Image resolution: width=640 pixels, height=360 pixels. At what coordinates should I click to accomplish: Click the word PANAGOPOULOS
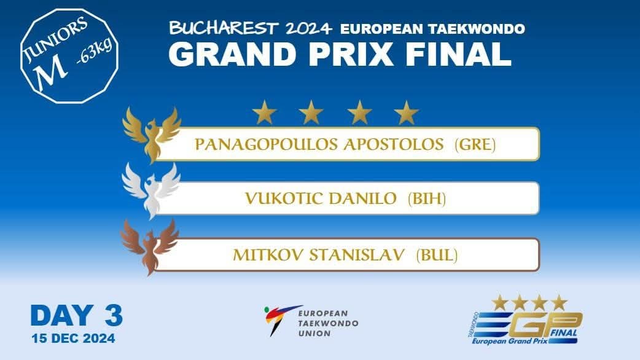pos(267,144)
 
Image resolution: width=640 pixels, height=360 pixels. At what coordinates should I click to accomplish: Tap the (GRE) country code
pos(475,144)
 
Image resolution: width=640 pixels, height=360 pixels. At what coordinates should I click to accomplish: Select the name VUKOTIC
pos(284,199)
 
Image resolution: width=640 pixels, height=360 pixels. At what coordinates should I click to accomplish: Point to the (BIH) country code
pos(426,199)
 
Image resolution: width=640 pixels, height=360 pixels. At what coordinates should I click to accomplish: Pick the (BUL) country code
pos(437,255)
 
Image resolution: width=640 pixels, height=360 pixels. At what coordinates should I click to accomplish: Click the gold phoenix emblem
pos(152,135)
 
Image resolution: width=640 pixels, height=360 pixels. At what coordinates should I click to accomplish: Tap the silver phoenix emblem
pos(151,190)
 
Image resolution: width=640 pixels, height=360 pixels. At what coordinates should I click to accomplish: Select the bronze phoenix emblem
pos(149,246)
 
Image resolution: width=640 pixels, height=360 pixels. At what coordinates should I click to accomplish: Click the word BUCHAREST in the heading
pos(224,28)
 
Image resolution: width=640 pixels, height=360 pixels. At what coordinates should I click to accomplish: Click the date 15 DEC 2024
pos(74,338)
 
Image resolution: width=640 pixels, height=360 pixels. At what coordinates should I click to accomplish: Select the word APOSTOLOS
pos(394,144)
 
